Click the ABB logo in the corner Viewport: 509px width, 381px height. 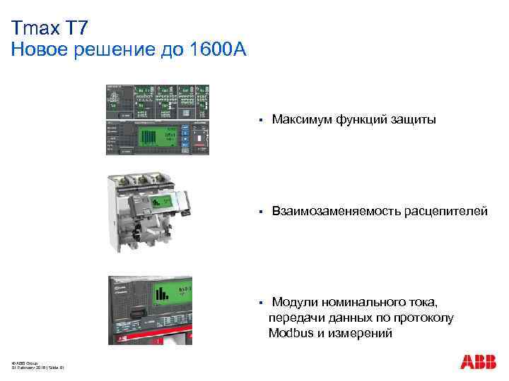tap(478, 362)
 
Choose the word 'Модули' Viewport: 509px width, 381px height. tap(293, 302)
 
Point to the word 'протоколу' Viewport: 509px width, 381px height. tap(422, 317)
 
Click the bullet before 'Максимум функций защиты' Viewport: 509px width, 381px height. tap(260, 121)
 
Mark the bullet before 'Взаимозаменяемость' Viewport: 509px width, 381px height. tap(260, 211)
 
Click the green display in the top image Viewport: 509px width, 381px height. tap(151, 136)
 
